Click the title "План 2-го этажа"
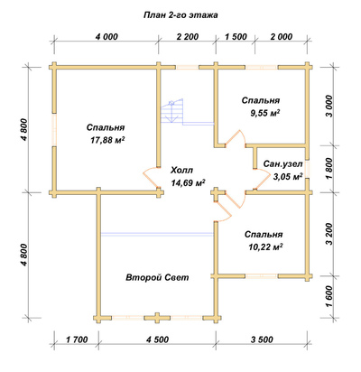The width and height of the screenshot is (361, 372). tap(180, 15)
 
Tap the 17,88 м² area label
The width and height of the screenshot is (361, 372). tap(107, 140)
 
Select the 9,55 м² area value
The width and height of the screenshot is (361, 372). tap(265, 113)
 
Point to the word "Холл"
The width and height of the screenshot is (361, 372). tap(181, 171)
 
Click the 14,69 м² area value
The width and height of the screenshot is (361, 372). tap(189, 182)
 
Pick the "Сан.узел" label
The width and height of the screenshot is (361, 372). tap(282, 163)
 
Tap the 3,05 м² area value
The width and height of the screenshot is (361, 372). tap(288, 176)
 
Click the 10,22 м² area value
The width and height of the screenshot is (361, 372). tap(265, 247)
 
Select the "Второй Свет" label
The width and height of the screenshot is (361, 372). tap(157, 277)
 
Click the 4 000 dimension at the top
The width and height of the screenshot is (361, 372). tap(106, 37)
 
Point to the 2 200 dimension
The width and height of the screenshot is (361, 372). tap(188, 37)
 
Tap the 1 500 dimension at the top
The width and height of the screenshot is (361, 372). tap(236, 37)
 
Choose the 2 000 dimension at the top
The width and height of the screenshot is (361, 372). tap(282, 37)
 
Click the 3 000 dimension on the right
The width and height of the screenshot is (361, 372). tap(329, 107)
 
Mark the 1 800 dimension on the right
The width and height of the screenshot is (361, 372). tap(329, 168)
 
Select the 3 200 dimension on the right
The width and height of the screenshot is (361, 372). tap(329, 234)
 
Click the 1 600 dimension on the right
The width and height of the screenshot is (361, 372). tap(329, 296)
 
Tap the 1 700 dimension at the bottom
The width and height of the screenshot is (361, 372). tap(77, 339)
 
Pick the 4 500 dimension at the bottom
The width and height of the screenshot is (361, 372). tap(157, 339)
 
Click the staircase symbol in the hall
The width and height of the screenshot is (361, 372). tap(172, 111)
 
